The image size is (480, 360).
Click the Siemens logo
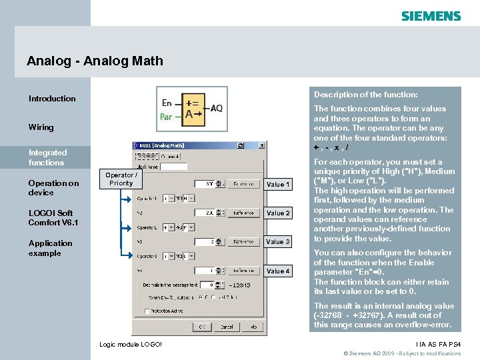[x=431, y=16]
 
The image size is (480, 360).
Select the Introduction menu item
[x=52, y=99]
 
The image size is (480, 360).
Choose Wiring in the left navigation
[x=41, y=127]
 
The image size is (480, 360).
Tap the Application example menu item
[x=50, y=248]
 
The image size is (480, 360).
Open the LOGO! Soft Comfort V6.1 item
[x=53, y=217]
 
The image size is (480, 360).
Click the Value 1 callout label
[x=278, y=185]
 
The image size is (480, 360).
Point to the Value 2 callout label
[x=278, y=213]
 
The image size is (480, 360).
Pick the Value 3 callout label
[x=278, y=242]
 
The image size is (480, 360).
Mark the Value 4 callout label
[x=278, y=271]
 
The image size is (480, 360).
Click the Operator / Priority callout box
[x=121, y=179]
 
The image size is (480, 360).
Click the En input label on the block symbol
[x=167, y=103]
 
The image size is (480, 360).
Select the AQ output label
[x=217, y=109]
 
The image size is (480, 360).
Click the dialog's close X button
[x=261, y=145]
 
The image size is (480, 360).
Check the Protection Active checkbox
[x=147, y=311]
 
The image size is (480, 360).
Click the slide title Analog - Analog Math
[x=95, y=61]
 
